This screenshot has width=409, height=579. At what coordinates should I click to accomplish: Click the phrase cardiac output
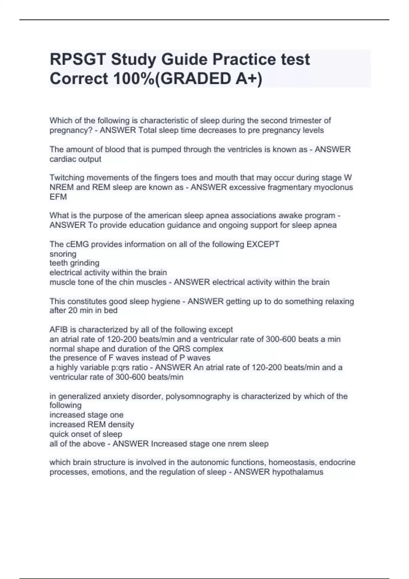[75, 159]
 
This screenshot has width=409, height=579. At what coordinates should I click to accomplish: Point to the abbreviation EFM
[58, 197]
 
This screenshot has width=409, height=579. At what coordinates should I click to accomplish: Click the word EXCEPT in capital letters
[263, 244]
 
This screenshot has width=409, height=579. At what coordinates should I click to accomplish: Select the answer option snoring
[63, 254]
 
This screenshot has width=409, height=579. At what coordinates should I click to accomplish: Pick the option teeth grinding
[74, 263]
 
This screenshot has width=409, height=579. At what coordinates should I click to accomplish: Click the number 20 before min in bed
[71, 311]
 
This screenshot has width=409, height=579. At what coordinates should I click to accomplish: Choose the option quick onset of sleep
[86, 434]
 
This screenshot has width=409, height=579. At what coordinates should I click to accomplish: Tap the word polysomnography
[198, 396]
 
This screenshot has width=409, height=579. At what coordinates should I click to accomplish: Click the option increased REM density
[92, 425]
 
